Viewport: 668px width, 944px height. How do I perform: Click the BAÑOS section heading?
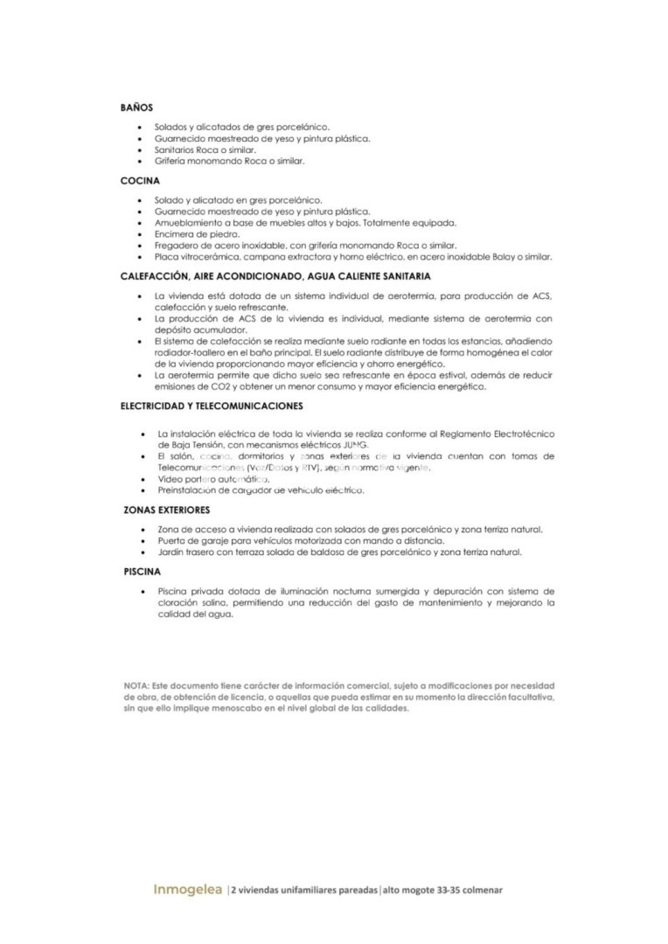pos(136,108)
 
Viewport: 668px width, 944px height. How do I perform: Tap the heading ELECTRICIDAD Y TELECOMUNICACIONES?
pos(212,406)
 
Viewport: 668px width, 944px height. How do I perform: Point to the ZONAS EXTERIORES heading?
pos(167,509)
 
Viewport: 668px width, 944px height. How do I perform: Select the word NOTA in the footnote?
pos(136,685)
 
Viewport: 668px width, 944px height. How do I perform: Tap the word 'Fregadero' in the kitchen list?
pos(177,246)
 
